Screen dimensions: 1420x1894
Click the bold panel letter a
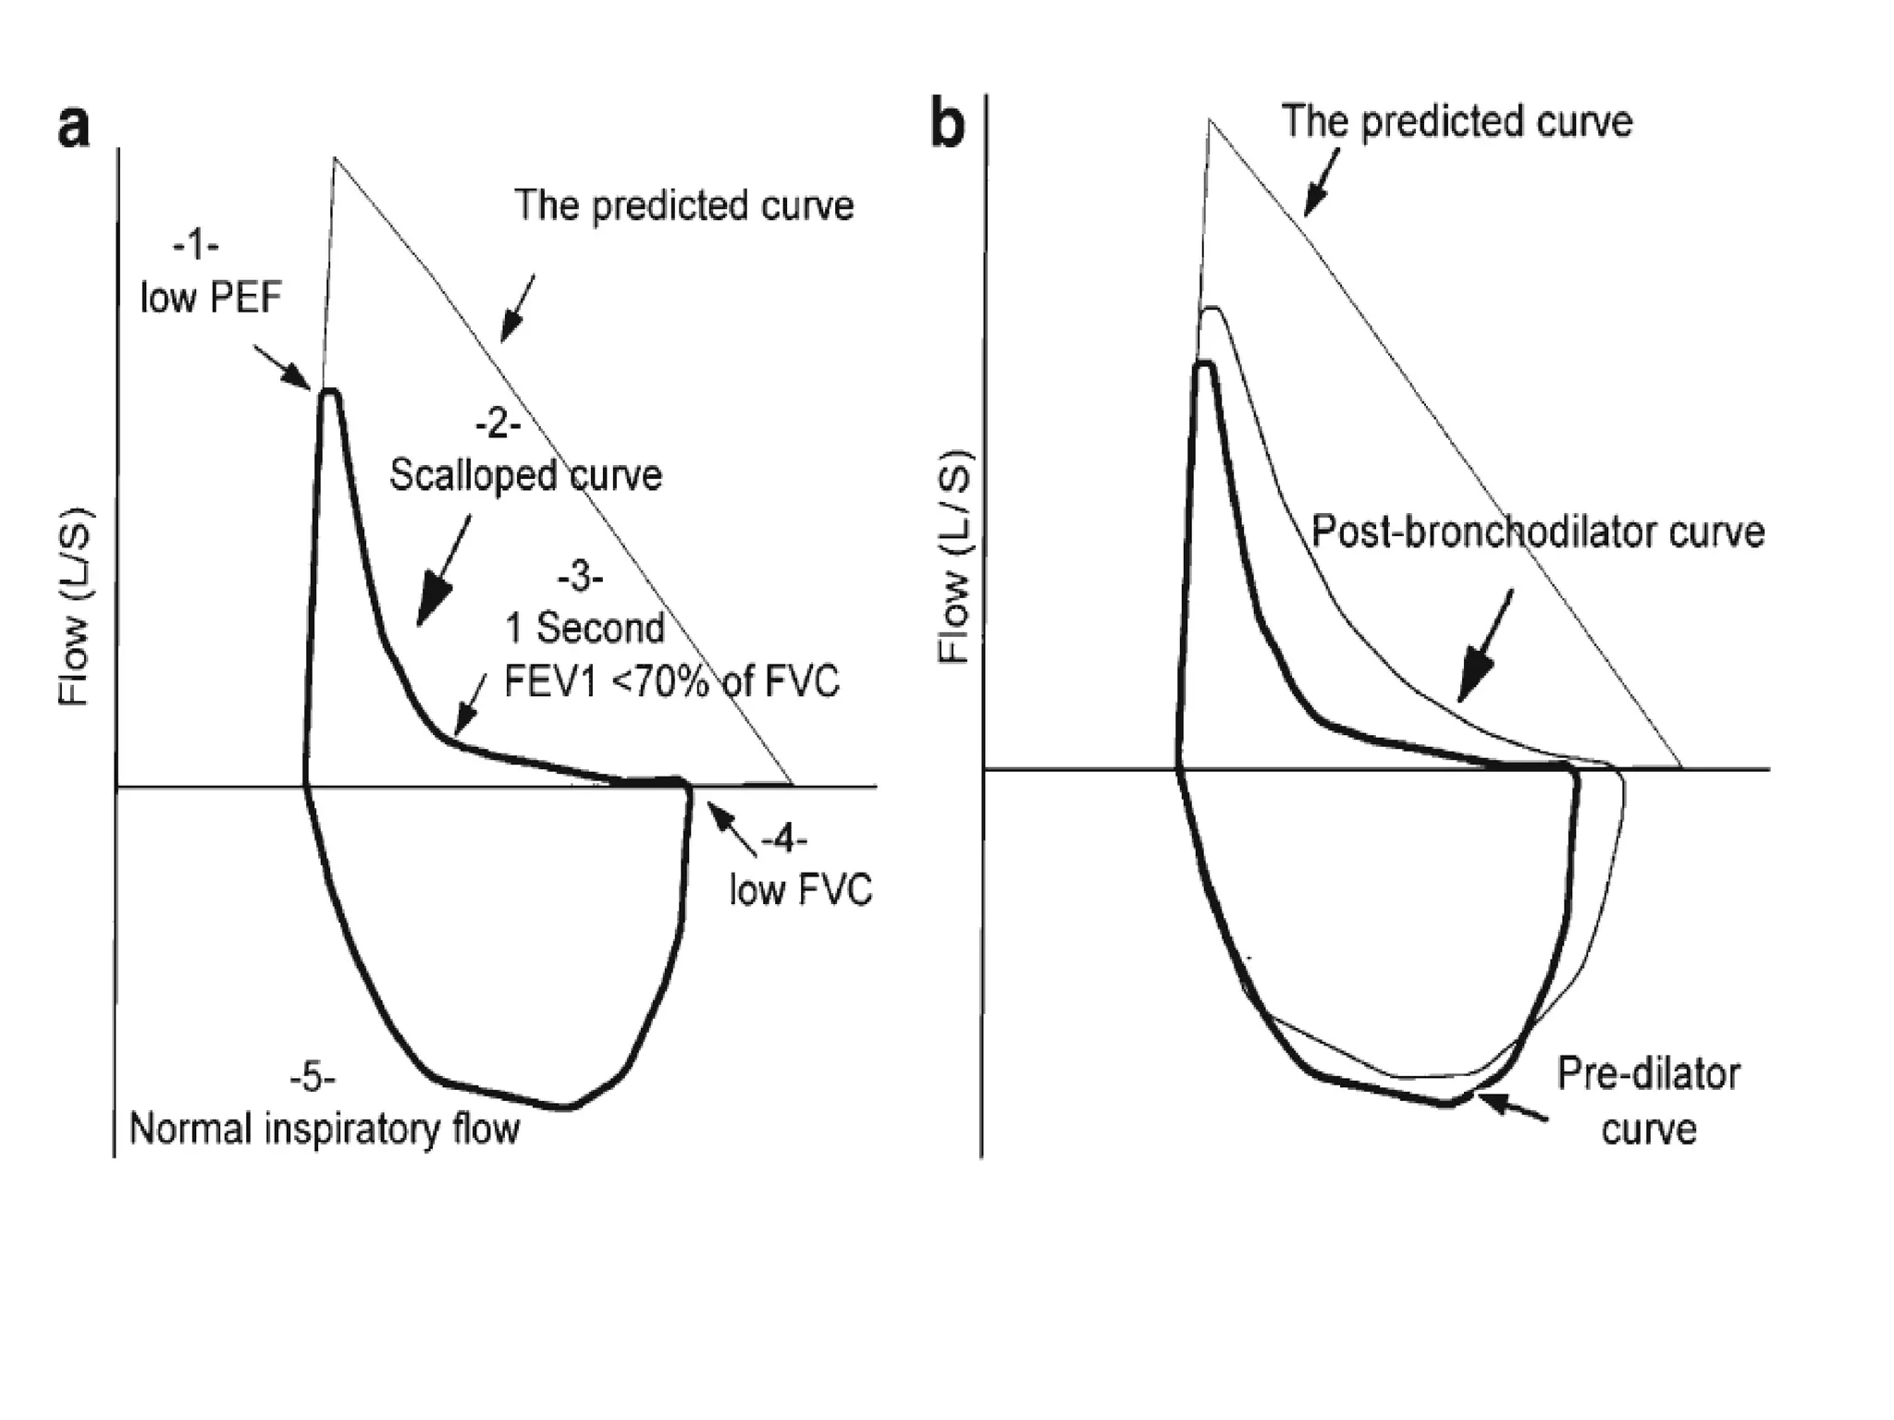pos(74,128)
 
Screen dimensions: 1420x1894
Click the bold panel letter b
pos(947,126)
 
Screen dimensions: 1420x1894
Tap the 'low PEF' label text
pos(211,298)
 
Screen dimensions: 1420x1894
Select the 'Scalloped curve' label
pos(525,475)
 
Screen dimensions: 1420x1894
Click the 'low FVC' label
pos(800,891)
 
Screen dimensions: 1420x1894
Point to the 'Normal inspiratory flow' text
pos(324,1129)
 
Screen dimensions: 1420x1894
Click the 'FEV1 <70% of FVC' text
pos(671,682)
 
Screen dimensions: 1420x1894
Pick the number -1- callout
pos(195,246)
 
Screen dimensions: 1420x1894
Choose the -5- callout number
pos(313,1078)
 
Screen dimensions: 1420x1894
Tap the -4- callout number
pos(784,840)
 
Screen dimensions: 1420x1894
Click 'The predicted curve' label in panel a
pos(683,205)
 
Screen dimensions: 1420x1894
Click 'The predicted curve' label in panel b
pos(1457,122)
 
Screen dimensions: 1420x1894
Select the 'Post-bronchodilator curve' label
pos(1538,532)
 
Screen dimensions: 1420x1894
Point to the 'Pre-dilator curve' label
pos(1649,1102)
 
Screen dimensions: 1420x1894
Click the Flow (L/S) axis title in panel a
pos(74,606)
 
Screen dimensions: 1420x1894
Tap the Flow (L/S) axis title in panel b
pos(954,557)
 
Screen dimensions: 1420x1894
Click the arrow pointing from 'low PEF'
pos(281,367)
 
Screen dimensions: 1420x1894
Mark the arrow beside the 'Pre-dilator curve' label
pos(1511,1108)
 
